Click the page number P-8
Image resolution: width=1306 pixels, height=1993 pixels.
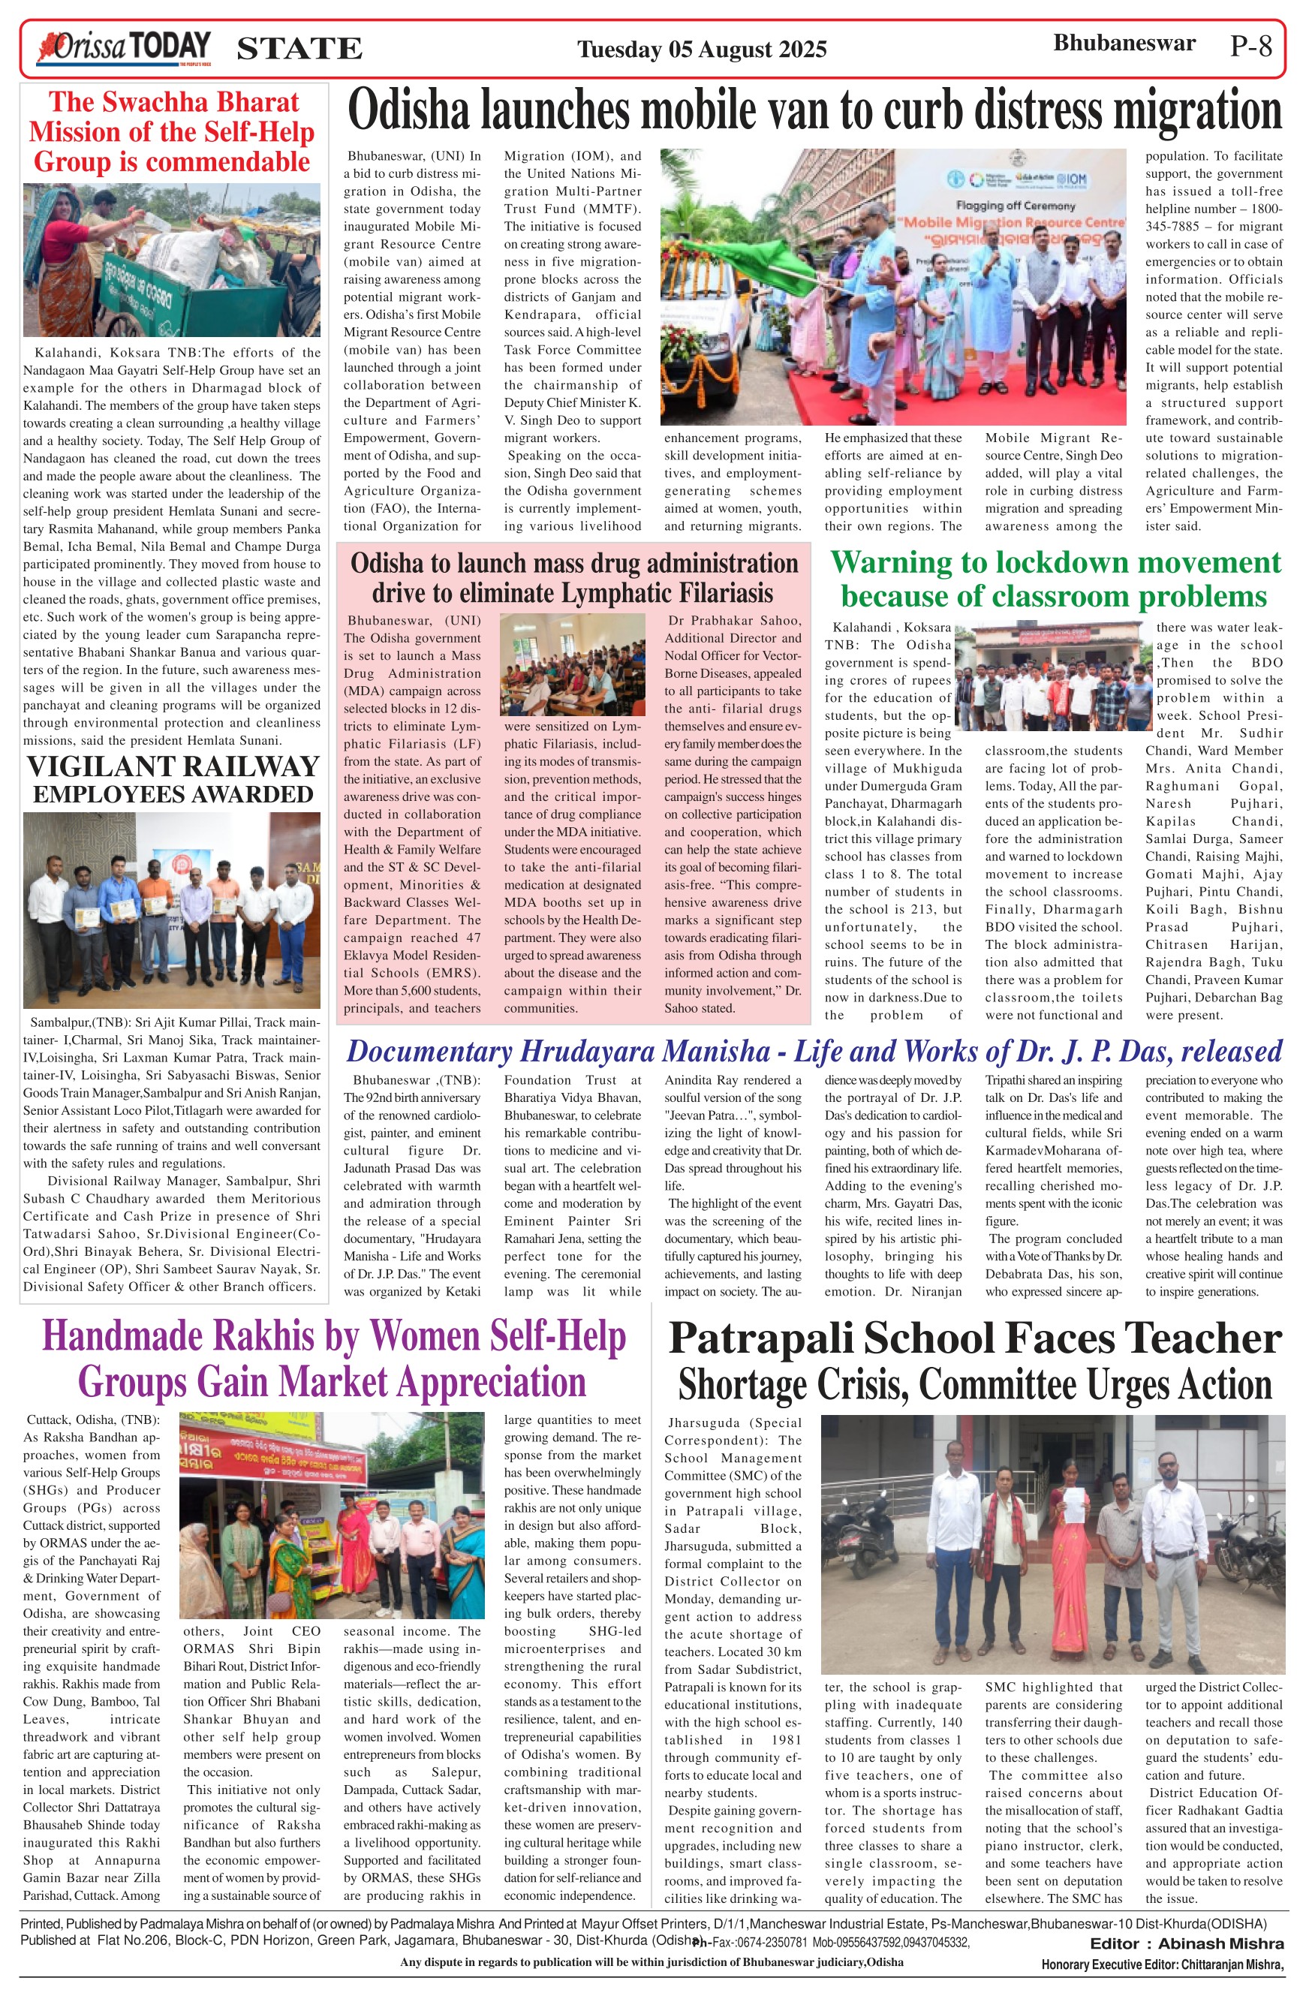pos(1250,46)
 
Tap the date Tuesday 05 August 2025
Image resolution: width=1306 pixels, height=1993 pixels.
pos(702,50)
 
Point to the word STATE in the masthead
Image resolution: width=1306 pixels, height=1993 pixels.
pos(299,50)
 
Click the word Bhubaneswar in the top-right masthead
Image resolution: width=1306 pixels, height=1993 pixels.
pos(1124,43)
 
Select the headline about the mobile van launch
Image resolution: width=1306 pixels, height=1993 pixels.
pos(814,110)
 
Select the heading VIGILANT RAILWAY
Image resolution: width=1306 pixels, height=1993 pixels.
pos(173,766)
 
